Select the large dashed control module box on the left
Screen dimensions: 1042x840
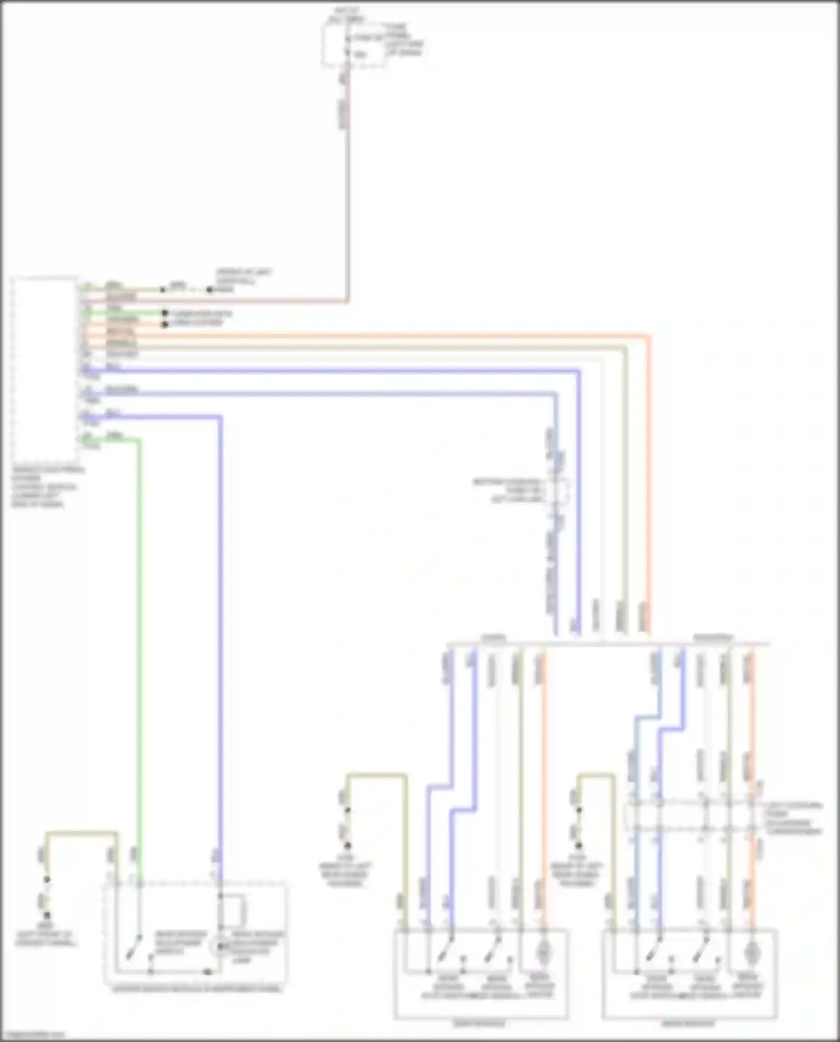pos(45,370)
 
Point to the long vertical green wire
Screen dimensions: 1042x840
pos(139,644)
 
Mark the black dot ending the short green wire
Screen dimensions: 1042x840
pos(165,314)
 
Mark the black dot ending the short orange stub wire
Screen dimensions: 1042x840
pos(165,324)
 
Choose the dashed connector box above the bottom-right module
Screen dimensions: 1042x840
pos(694,818)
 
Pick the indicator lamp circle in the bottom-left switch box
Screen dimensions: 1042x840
pos(221,946)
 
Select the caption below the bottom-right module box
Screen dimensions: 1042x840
pos(689,1024)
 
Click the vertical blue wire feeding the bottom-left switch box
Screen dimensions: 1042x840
pos(220,644)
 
